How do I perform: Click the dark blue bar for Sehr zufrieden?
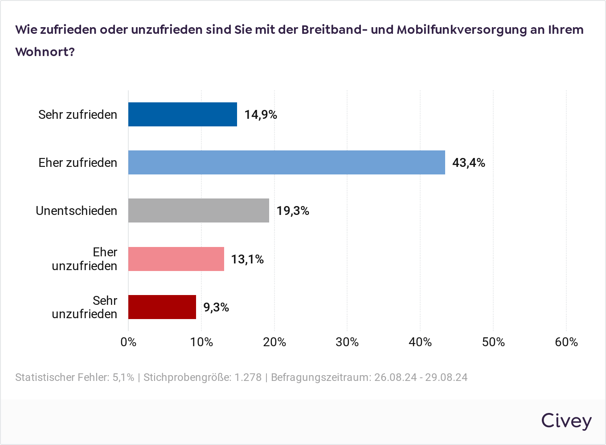tap(183, 114)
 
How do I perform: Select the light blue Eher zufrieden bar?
tap(287, 162)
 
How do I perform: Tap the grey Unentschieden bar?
tap(199, 210)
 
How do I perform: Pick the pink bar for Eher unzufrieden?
tap(176, 259)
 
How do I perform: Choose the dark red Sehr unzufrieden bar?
tap(162, 307)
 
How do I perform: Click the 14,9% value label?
tap(261, 115)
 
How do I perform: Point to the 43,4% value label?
tap(468, 163)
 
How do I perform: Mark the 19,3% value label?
tap(293, 211)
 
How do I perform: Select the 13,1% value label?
tap(247, 259)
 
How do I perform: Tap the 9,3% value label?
tap(216, 307)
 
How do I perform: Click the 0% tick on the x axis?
tap(128, 342)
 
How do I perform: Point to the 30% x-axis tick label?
tap(347, 342)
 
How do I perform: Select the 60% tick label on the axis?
tap(566, 342)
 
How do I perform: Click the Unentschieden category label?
tap(77, 210)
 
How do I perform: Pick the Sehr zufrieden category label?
tap(78, 114)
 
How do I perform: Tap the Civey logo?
tap(566, 421)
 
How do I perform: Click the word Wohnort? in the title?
tap(45, 52)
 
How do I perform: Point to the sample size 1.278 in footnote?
tap(248, 377)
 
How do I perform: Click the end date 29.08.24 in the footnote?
tap(446, 377)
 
